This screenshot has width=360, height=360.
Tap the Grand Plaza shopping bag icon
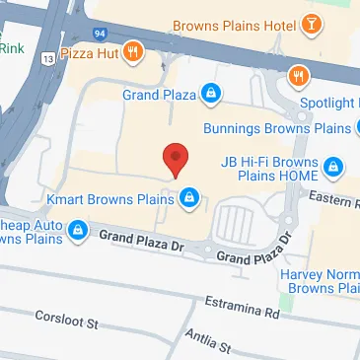click(210, 95)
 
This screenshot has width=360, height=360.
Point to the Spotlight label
click(330, 102)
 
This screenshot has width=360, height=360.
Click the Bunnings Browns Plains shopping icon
click(333, 129)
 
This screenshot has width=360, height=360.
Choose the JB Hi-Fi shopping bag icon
click(333, 165)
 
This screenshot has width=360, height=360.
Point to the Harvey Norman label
click(318, 278)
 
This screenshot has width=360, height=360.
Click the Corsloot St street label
click(68, 323)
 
